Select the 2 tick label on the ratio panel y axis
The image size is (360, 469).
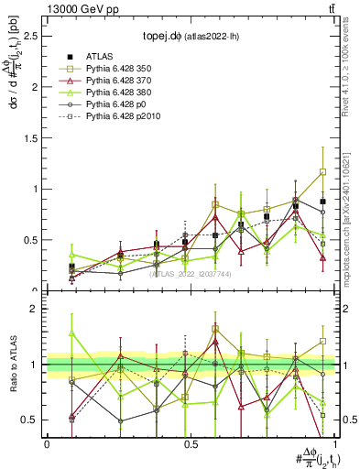point(36,309)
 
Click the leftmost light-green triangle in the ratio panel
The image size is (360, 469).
point(71,333)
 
